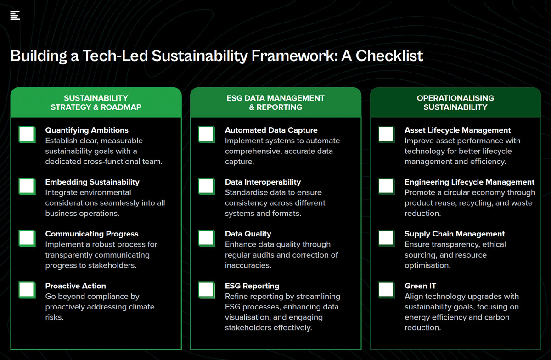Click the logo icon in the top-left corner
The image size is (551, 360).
click(x=15, y=16)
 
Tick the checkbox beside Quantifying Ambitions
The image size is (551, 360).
click(x=27, y=135)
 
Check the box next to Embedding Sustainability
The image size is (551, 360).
click(x=27, y=186)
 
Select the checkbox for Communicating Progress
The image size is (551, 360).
click(x=27, y=238)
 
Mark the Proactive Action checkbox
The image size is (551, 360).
click(x=27, y=290)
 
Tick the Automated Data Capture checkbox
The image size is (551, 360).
click(x=207, y=135)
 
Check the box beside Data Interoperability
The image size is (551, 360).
click(x=207, y=186)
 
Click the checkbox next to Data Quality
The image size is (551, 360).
click(x=207, y=238)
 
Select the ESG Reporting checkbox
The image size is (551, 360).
click(x=207, y=290)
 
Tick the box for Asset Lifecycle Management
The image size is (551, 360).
click(x=387, y=135)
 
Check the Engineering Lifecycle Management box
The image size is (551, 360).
click(x=387, y=186)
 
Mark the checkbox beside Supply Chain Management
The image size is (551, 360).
click(x=387, y=238)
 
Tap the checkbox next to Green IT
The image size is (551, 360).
click(x=387, y=290)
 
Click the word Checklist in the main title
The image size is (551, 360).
click(x=389, y=56)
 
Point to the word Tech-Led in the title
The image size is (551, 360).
click(x=115, y=56)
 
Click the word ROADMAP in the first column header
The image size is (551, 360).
click(x=121, y=107)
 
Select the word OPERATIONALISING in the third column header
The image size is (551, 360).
click(x=455, y=98)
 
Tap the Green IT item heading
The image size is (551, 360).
click(x=420, y=286)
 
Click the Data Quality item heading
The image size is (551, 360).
click(x=248, y=234)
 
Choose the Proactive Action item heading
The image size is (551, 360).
click(x=75, y=286)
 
